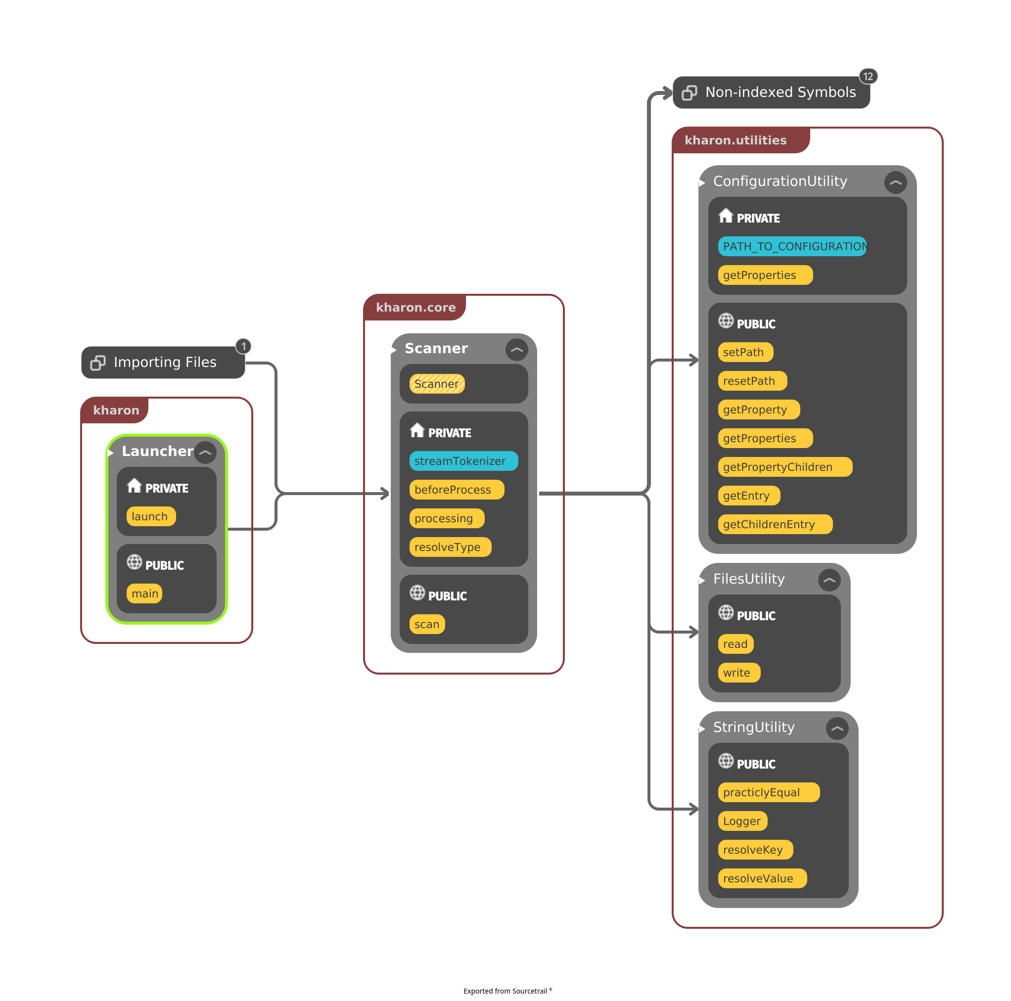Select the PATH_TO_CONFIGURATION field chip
tap(792, 246)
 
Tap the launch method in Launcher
tap(151, 516)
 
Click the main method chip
tap(144, 593)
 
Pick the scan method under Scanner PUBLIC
tap(426, 624)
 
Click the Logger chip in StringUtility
tap(742, 821)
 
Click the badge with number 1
tap(243, 346)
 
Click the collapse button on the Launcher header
tap(205, 453)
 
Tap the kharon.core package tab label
tap(415, 308)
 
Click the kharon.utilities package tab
tap(735, 140)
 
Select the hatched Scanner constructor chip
tap(436, 384)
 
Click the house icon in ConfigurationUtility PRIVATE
tap(726, 216)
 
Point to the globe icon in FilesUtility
tap(726, 612)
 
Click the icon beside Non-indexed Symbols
tap(689, 92)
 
